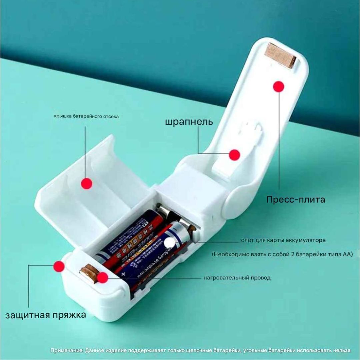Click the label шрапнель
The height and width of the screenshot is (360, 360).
[x=189, y=121]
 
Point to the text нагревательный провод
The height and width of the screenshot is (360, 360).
[x=237, y=278]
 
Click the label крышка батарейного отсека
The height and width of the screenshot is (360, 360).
[x=86, y=116]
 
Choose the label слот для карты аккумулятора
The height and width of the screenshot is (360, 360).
[x=283, y=240]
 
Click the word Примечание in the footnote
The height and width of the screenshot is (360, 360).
[x=67, y=350]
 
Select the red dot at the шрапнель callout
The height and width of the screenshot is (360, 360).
[x=235, y=155]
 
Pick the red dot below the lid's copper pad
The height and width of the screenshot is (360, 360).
[x=278, y=86]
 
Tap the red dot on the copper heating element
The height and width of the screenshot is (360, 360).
[x=103, y=277]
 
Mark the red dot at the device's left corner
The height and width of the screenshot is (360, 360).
[x=59, y=266]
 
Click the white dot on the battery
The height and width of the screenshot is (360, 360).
[x=170, y=243]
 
